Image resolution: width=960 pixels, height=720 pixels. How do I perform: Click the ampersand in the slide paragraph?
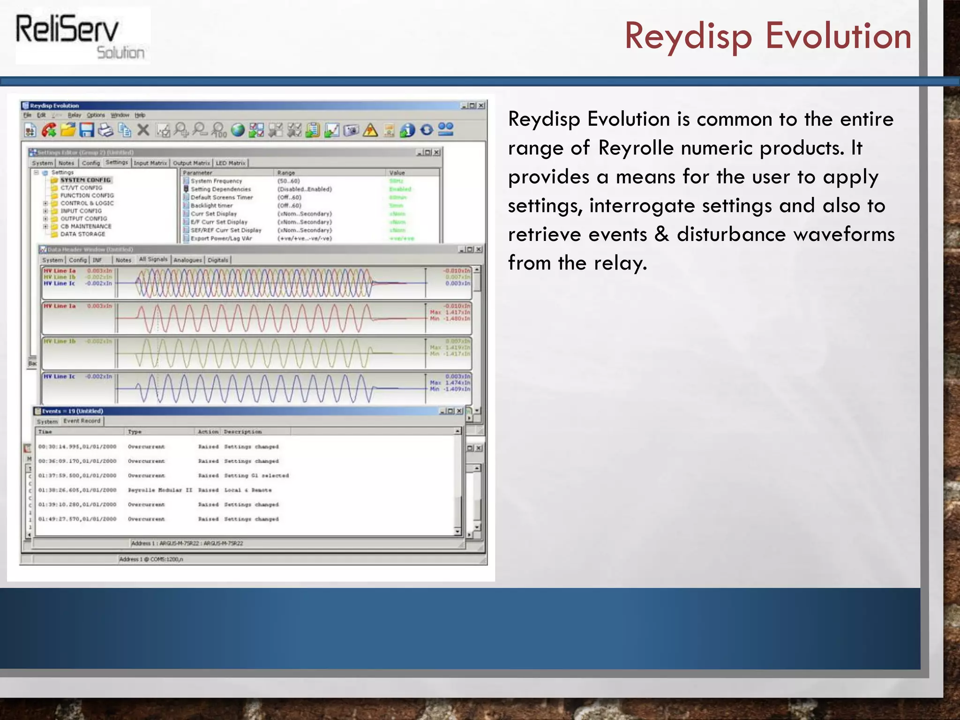pos(661,234)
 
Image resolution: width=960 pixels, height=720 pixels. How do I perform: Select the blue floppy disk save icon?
pos(87,130)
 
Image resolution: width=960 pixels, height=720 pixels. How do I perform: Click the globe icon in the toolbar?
pos(238,130)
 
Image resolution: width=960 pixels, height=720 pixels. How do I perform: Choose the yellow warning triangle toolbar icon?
pos(370,130)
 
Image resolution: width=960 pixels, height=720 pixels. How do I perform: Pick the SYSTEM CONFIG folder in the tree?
pos(85,180)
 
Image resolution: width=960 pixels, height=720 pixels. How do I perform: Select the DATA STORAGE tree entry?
pos(82,234)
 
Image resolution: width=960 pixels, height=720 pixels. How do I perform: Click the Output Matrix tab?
pos(191,163)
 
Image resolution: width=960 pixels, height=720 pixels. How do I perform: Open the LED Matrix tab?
pos(231,163)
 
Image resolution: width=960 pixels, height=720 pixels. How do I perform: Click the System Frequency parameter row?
pos(216,181)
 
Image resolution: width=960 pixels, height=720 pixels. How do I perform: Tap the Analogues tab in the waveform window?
pos(187,260)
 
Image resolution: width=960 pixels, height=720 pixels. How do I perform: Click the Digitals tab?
pos(218,260)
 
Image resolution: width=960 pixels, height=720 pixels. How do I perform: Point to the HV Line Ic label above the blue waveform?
pos(59,376)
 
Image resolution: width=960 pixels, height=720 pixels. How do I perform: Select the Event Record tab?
pos(82,421)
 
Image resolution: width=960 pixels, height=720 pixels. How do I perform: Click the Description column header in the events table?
pos(243,432)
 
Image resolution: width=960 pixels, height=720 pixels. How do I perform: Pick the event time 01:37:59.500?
pos(77,476)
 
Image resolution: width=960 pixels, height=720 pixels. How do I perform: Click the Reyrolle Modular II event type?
pos(160,490)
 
